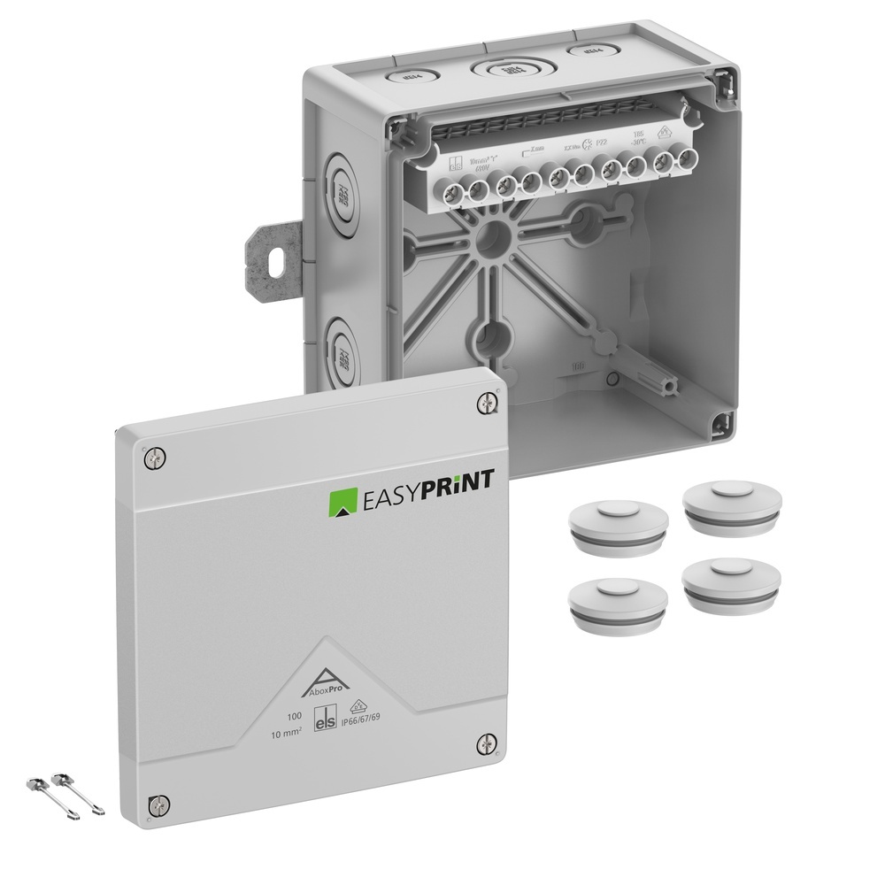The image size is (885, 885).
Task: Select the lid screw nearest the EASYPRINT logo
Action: click(486, 403)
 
